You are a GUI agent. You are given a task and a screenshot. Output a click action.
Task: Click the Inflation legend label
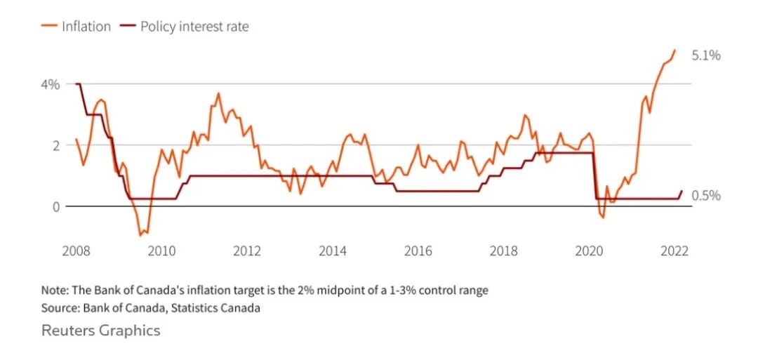click(x=86, y=27)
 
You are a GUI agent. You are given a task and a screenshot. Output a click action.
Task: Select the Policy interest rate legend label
click(x=194, y=27)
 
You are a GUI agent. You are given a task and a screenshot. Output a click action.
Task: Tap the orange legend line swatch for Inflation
click(x=49, y=27)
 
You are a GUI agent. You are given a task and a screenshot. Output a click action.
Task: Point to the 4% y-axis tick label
click(x=51, y=84)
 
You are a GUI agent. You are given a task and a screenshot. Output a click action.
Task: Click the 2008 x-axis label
click(x=76, y=251)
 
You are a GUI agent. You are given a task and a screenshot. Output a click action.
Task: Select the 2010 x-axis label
click(x=161, y=251)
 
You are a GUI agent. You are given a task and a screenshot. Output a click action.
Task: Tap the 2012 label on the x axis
click(x=247, y=251)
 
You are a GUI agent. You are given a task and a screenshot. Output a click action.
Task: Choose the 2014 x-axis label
click(x=333, y=251)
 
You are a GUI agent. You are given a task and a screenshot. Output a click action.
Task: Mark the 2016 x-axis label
click(x=418, y=251)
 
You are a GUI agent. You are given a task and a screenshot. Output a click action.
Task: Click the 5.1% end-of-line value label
click(x=706, y=55)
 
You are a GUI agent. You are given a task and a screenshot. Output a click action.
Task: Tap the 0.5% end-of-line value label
click(x=706, y=196)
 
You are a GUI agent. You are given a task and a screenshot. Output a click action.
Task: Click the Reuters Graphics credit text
click(x=101, y=330)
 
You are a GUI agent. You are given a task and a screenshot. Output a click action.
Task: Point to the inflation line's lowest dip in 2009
click(x=140, y=235)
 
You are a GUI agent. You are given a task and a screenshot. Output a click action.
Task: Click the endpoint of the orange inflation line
click(x=675, y=50)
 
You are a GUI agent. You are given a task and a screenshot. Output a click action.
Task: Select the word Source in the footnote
click(x=60, y=307)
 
